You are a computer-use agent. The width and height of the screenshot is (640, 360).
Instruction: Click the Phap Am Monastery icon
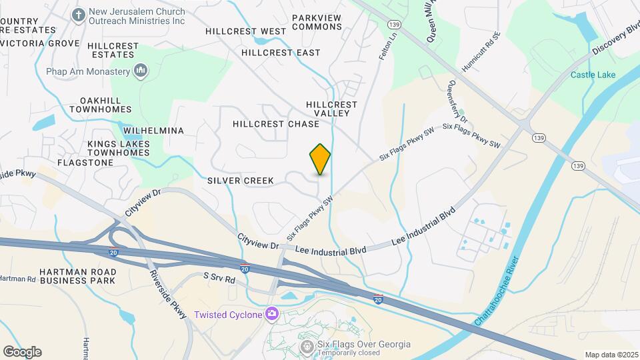141,71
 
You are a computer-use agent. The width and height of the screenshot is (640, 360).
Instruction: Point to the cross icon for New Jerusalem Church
78,15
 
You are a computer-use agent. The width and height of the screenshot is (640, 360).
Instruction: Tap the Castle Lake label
593,75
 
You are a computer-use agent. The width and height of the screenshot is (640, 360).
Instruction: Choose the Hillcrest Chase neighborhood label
276,124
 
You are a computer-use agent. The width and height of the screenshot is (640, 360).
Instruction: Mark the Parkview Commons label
317,21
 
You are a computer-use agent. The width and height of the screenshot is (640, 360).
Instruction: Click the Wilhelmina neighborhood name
152,131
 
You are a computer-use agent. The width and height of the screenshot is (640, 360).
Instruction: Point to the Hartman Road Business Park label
79,275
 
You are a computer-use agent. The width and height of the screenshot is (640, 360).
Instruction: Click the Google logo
22,352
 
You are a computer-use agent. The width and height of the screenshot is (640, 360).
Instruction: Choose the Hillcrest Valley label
331,109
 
